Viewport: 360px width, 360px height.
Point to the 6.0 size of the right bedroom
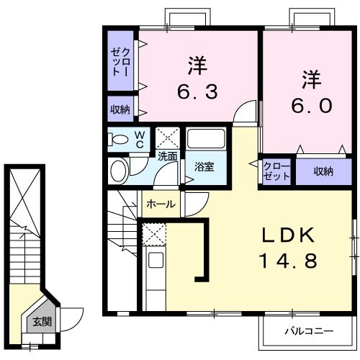click(311, 105)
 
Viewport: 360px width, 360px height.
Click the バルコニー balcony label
click(307, 332)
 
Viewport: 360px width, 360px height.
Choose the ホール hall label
click(160, 204)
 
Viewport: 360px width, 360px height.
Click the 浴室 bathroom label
click(204, 167)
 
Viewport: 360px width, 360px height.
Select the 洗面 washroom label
click(167, 156)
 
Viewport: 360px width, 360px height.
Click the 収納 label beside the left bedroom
click(120, 109)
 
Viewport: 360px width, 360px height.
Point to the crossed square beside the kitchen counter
click(153, 233)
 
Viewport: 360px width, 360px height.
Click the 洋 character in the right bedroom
click(311, 76)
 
